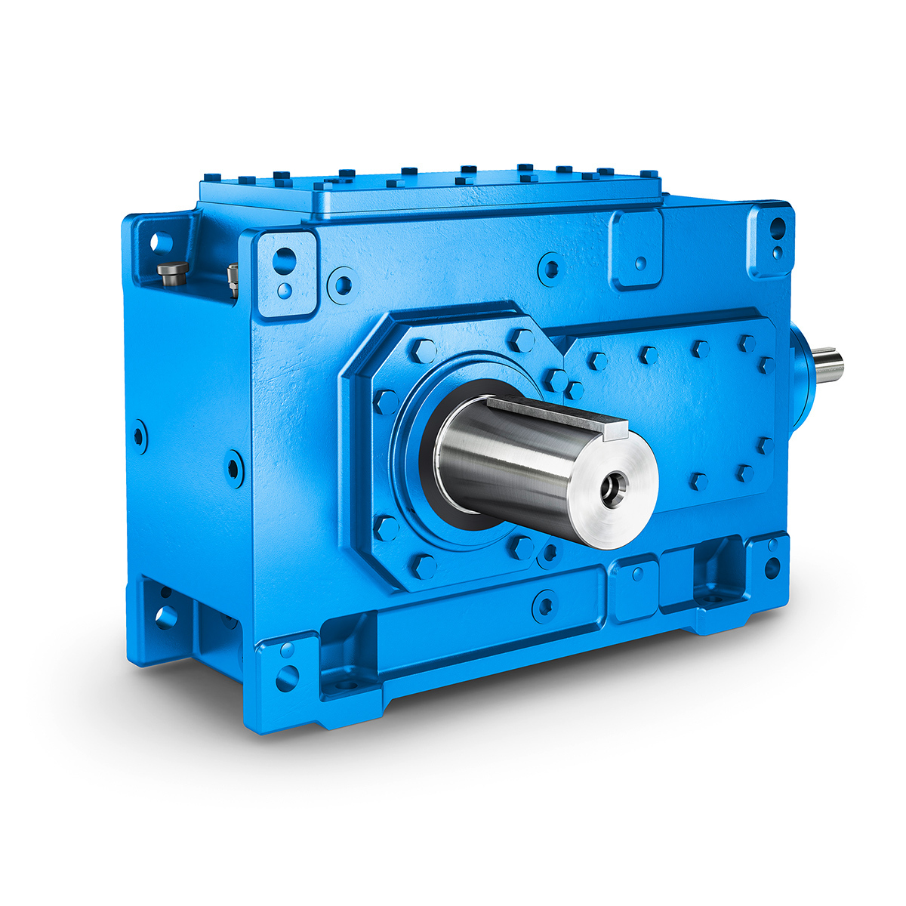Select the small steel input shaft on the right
(x=830, y=365)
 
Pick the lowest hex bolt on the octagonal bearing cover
(x=424, y=565)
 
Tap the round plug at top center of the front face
(x=551, y=268)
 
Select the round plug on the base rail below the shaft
(x=544, y=605)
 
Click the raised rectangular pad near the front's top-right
(x=636, y=248)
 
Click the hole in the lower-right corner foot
(x=772, y=567)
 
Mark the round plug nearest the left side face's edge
(x=140, y=436)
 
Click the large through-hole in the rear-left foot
(x=165, y=617)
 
